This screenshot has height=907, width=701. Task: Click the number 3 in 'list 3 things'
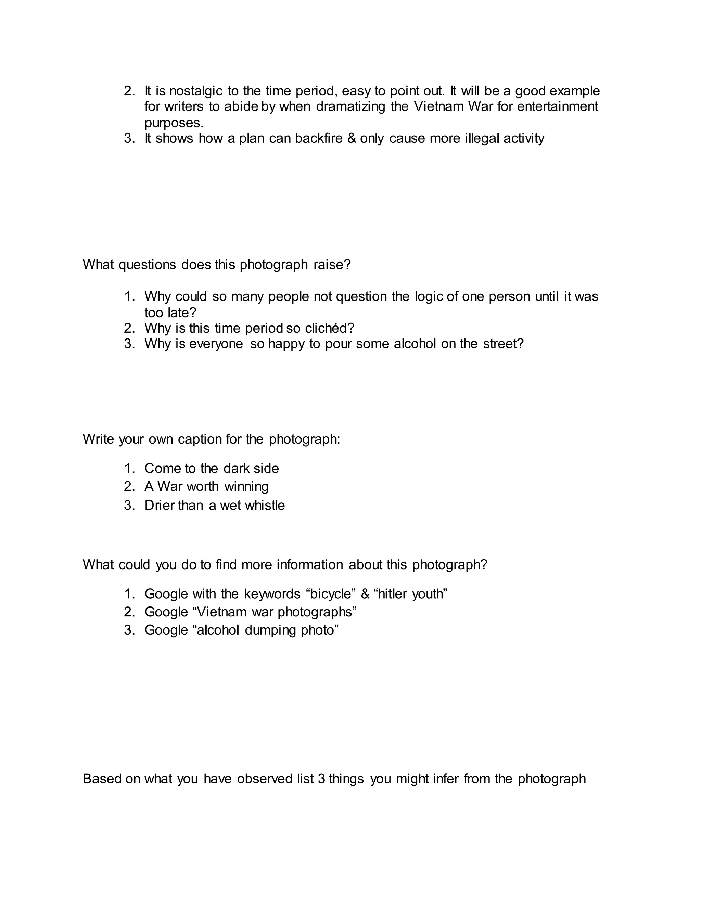click(x=321, y=779)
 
